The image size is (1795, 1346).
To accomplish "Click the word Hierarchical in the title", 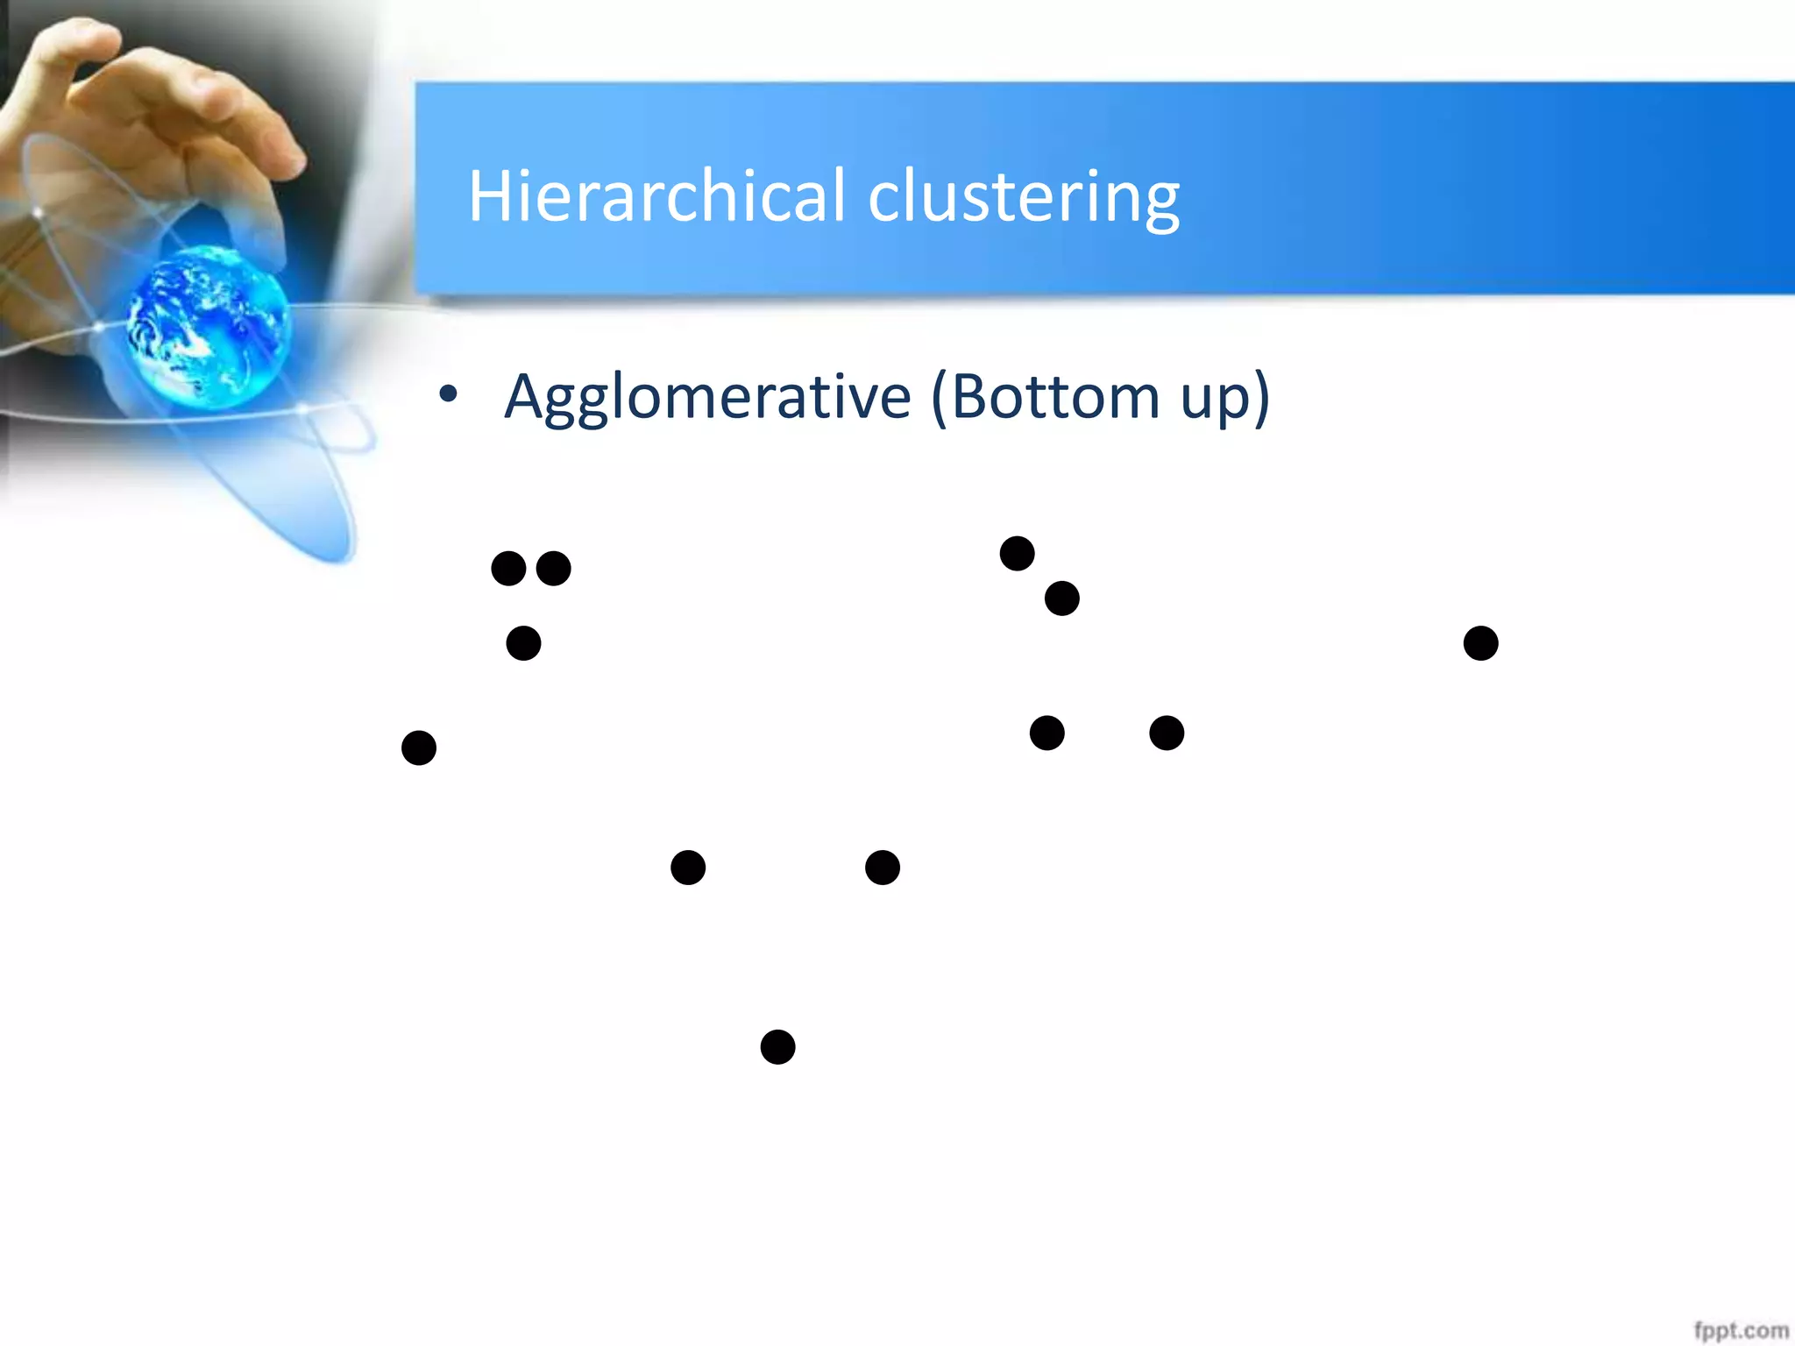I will tap(656, 195).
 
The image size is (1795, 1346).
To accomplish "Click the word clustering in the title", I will tap(1024, 197).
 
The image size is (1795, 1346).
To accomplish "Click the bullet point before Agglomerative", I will tap(449, 394).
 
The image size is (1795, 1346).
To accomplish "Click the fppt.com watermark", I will tap(1741, 1330).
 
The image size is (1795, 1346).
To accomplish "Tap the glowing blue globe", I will tap(208, 326).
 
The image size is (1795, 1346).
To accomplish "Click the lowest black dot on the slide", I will tap(777, 1046).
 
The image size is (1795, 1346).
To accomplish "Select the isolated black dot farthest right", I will tap(1480, 643).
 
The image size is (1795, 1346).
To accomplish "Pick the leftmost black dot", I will tap(419, 747).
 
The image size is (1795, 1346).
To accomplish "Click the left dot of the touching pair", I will tap(508, 569).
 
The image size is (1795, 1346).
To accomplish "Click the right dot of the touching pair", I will tap(554, 569).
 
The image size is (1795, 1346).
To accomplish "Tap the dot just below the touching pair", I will tap(523, 643).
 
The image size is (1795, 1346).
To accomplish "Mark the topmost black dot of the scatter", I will tap(1017, 553).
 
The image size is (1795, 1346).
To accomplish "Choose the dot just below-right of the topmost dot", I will tap(1061, 599).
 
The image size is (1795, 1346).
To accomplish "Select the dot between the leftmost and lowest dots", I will tap(688, 868).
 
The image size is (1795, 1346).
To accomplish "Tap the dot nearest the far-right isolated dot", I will tap(1167, 733).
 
